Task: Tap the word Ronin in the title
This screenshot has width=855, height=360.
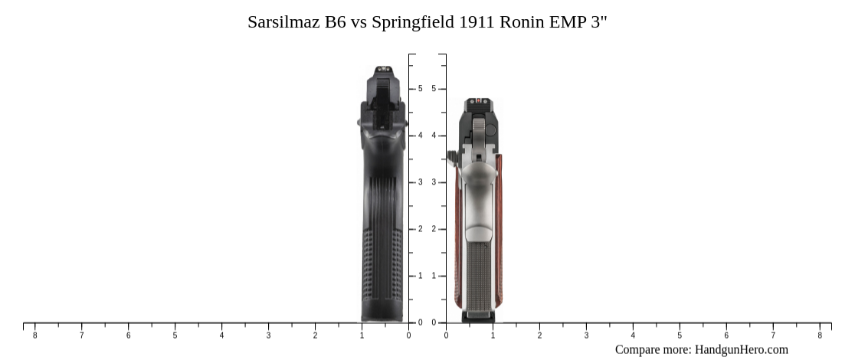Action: click(522, 21)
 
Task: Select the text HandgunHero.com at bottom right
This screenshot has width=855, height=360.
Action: click(741, 350)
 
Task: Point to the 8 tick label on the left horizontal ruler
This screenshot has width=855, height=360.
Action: click(34, 335)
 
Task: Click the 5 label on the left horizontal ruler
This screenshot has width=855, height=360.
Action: click(175, 335)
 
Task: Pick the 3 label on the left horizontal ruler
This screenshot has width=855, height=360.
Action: click(268, 335)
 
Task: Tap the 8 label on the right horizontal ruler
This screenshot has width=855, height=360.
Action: click(820, 335)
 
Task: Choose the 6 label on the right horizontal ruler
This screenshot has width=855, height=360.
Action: click(726, 335)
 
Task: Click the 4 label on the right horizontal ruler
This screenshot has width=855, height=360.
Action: click(633, 335)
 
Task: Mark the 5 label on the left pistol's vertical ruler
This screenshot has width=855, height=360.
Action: click(420, 89)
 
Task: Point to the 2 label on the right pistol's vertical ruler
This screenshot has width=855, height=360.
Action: click(434, 229)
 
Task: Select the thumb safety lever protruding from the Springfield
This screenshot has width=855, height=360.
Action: click(452, 156)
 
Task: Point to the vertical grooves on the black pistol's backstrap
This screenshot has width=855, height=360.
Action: click(383, 199)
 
